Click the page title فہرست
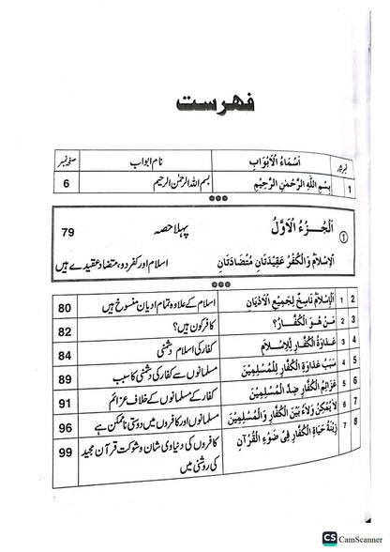[x=195, y=100]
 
